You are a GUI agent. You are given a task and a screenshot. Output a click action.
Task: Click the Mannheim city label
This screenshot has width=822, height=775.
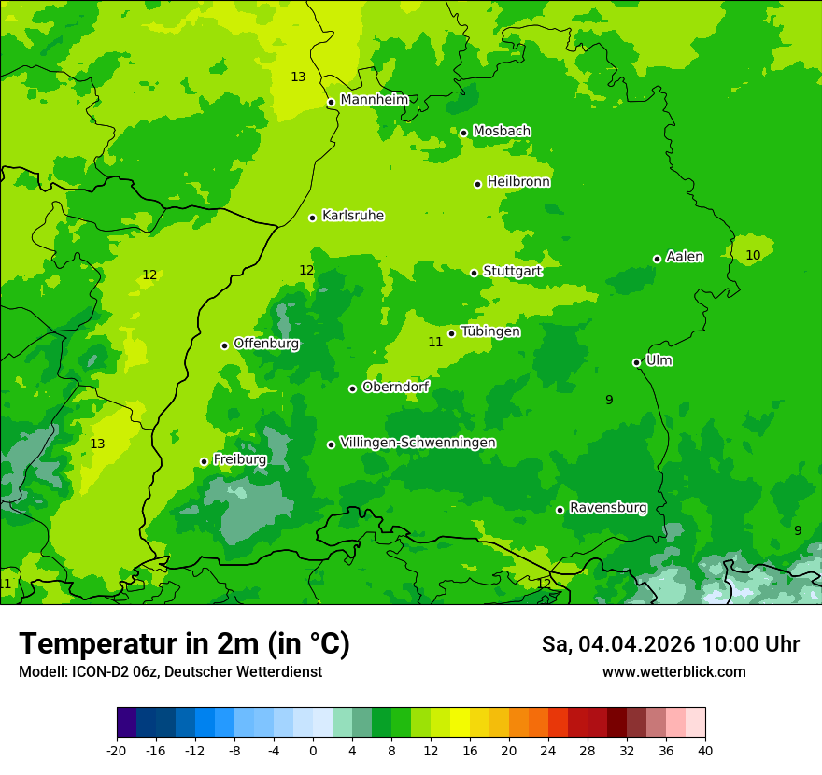(375, 100)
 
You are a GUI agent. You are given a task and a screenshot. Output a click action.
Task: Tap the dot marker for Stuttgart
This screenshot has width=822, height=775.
(475, 273)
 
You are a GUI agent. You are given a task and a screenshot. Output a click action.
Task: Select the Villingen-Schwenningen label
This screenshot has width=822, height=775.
(418, 443)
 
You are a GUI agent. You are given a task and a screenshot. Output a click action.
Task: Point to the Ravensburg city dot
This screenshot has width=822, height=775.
(560, 510)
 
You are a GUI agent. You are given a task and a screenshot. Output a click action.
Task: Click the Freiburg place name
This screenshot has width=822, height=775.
(240, 459)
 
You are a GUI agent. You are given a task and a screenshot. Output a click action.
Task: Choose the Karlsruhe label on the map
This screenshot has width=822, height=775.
(353, 216)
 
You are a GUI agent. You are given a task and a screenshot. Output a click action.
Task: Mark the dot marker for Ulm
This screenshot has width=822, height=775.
(637, 362)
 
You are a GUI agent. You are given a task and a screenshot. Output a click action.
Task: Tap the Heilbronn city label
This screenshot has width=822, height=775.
(518, 182)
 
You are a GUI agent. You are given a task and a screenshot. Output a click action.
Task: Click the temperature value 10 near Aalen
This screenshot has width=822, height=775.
(753, 255)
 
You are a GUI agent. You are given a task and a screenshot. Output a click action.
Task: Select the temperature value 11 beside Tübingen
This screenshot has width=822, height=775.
(435, 343)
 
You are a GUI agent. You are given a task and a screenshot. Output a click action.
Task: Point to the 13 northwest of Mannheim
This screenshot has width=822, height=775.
(298, 77)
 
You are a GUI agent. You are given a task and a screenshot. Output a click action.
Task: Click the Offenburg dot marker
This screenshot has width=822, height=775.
(225, 345)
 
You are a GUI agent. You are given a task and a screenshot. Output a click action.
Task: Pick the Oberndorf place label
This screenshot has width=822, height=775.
(396, 387)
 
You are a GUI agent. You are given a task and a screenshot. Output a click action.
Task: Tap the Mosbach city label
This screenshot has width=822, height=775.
(502, 131)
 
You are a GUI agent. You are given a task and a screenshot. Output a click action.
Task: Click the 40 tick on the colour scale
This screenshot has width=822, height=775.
(704, 750)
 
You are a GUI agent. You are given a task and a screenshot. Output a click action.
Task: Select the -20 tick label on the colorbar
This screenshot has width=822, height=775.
(116, 750)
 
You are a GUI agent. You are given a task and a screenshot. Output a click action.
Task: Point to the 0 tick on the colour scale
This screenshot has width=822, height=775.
(313, 750)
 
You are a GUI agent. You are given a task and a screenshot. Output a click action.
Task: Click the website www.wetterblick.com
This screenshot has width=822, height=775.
(673, 671)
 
